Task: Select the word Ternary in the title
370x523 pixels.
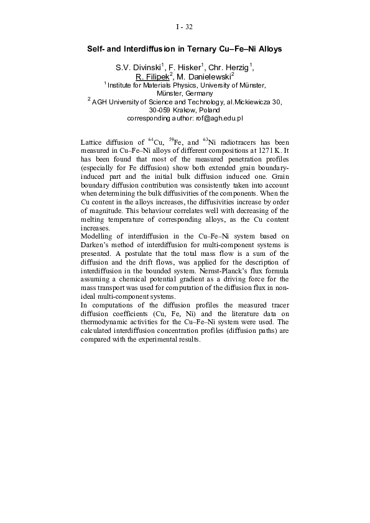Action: point(201,48)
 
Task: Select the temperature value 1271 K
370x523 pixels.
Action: point(265,151)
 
